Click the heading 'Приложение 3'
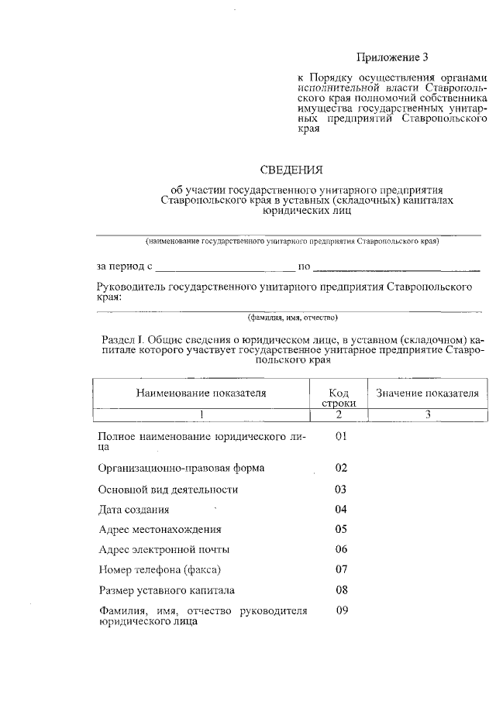[391, 57]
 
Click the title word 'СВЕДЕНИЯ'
[290, 169]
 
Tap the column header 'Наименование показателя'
[201, 393]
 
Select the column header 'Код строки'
[339, 397]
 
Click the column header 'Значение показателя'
[427, 393]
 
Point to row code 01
[340, 438]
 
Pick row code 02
[340, 468]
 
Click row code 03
[340, 489]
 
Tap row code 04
[340, 509]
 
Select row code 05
[340, 529]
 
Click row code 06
[340, 549]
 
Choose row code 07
[340, 569]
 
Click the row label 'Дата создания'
[134, 510]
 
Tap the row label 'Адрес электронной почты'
[164, 550]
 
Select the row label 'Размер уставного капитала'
[166, 590]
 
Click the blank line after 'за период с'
[225, 270]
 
